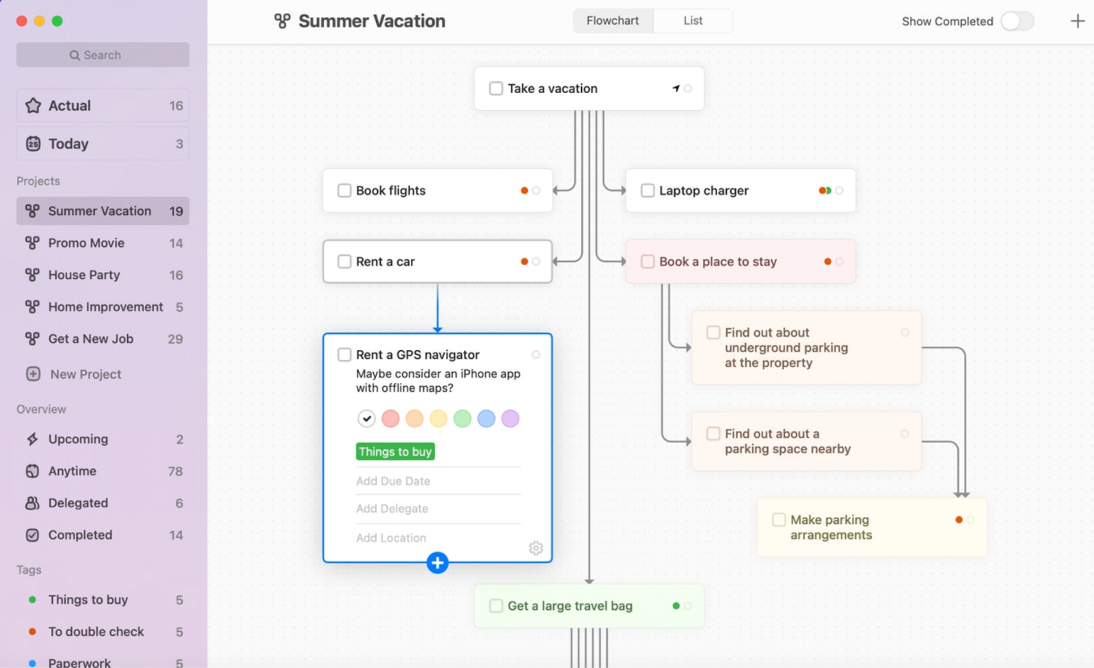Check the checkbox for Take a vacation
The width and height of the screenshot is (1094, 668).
(496, 88)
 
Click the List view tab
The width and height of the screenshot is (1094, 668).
(693, 21)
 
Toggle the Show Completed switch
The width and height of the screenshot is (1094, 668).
(1017, 21)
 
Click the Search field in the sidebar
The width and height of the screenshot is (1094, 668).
(103, 55)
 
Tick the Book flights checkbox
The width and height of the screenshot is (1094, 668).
(345, 191)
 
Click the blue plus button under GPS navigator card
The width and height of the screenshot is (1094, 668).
(437, 563)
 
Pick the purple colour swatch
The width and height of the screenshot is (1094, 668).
(510, 418)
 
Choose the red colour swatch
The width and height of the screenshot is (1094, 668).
(390, 418)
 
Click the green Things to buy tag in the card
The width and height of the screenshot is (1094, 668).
(395, 452)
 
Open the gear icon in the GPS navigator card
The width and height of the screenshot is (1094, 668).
(536, 548)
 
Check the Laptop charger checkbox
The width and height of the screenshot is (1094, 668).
(648, 191)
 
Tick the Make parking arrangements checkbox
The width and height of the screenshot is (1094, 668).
(779, 520)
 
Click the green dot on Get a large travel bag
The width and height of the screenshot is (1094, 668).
(676, 606)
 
